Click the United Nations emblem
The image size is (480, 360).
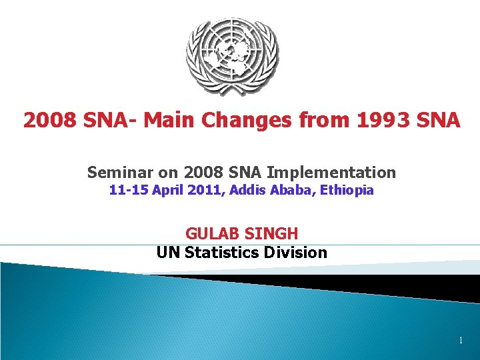coord(231,57)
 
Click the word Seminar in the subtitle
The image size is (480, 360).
coord(115,173)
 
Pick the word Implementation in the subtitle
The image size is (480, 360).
coord(341,173)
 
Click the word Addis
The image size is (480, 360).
coord(246,191)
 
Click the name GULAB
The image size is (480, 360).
coord(212,234)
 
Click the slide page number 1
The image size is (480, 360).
coord(460,341)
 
